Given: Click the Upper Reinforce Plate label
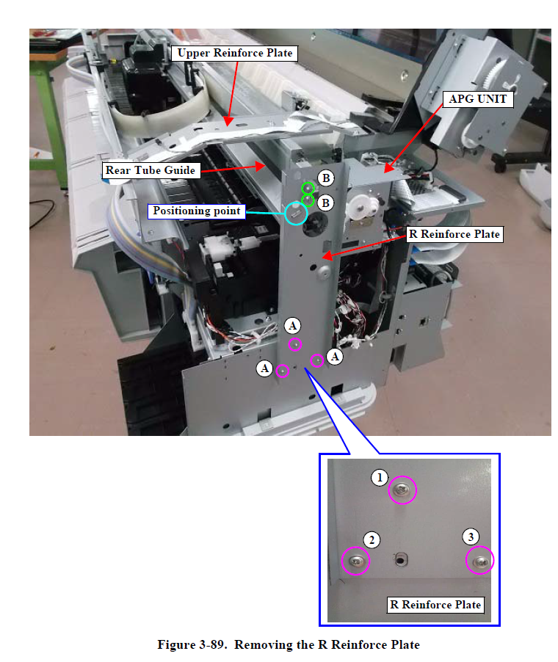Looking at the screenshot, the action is click(234, 53).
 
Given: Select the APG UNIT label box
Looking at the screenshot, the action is click(478, 99).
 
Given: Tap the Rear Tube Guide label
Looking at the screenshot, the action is click(151, 170).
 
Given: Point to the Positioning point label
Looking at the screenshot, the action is click(197, 211).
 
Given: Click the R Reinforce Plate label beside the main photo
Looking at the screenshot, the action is click(454, 234).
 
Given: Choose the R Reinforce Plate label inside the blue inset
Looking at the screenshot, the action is click(435, 605).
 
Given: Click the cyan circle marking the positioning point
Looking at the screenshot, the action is click(296, 214).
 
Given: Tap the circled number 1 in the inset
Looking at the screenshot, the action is click(380, 478).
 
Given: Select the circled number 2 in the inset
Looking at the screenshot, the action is click(372, 539).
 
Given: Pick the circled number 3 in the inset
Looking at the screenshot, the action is click(471, 536).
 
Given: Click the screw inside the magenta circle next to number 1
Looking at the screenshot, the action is click(402, 490).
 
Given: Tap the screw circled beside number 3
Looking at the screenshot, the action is click(481, 561).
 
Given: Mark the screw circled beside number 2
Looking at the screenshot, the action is click(356, 561).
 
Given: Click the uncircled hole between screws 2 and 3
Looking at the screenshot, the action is click(400, 560).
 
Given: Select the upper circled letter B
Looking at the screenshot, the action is click(326, 178).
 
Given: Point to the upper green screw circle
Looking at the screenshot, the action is click(308, 188).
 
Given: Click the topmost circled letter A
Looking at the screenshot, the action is click(292, 326).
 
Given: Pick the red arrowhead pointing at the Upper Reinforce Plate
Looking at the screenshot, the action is click(228, 122).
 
